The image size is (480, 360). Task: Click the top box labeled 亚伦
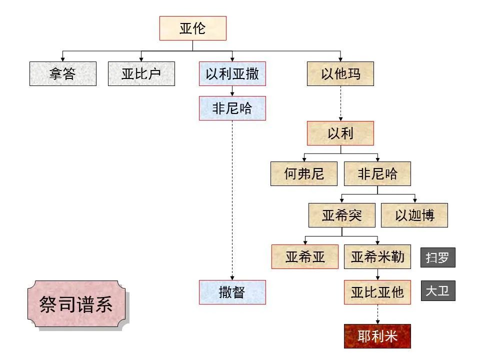click(x=192, y=28)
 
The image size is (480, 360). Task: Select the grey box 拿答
click(x=62, y=74)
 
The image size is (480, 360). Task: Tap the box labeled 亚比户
click(x=141, y=74)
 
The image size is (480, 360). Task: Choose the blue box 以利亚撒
click(x=232, y=74)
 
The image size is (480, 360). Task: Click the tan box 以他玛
click(x=340, y=74)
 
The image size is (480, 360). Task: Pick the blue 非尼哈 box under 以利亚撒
click(x=232, y=108)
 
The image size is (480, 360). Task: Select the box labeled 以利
click(x=340, y=133)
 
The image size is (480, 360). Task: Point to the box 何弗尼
click(x=304, y=174)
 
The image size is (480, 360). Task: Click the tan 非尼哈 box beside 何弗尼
click(x=377, y=174)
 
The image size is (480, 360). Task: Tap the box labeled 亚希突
click(x=341, y=215)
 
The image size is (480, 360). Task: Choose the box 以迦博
click(x=414, y=215)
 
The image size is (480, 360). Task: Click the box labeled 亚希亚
click(x=305, y=257)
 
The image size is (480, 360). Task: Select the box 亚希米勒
click(x=377, y=257)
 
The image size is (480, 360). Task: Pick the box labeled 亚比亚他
click(x=377, y=292)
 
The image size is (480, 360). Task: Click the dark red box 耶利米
click(x=377, y=336)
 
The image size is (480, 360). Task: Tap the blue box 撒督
click(x=232, y=292)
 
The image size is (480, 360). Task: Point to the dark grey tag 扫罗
click(x=437, y=258)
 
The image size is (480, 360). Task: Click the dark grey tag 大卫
click(x=437, y=290)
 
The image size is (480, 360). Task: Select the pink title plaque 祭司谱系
click(x=76, y=304)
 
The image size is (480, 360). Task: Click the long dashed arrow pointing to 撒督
click(x=232, y=200)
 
